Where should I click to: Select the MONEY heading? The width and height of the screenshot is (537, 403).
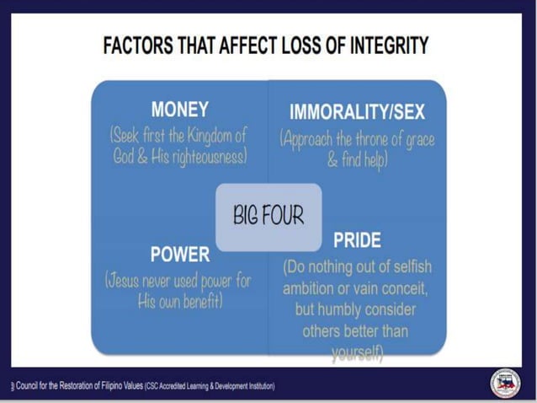[179, 110]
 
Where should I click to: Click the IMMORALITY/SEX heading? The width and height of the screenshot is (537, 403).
[357, 112]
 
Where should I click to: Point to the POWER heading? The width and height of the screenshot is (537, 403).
[179, 253]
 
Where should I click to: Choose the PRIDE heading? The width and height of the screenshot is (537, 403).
[356, 241]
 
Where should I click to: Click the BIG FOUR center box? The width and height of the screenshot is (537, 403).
[268, 216]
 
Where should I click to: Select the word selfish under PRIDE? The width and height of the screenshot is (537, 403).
[407, 267]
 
